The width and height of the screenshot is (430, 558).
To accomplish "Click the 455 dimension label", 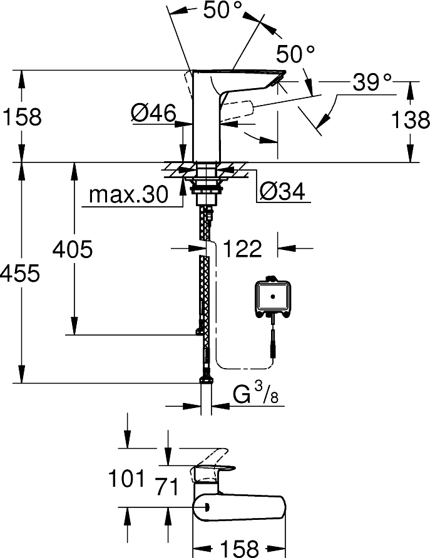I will [x=20, y=273].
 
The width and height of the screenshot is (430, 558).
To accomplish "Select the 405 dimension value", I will [x=73, y=249].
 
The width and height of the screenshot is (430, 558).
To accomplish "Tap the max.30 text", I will [x=128, y=196].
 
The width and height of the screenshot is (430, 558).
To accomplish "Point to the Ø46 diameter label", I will [x=153, y=113].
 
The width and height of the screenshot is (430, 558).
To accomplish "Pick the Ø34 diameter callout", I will [x=283, y=192].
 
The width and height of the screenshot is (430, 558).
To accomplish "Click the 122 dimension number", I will [x=243, y=249].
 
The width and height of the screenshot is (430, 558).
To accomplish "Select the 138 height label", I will [x=410, y=119].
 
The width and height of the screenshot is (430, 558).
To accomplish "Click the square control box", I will [x=272, y=296].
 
